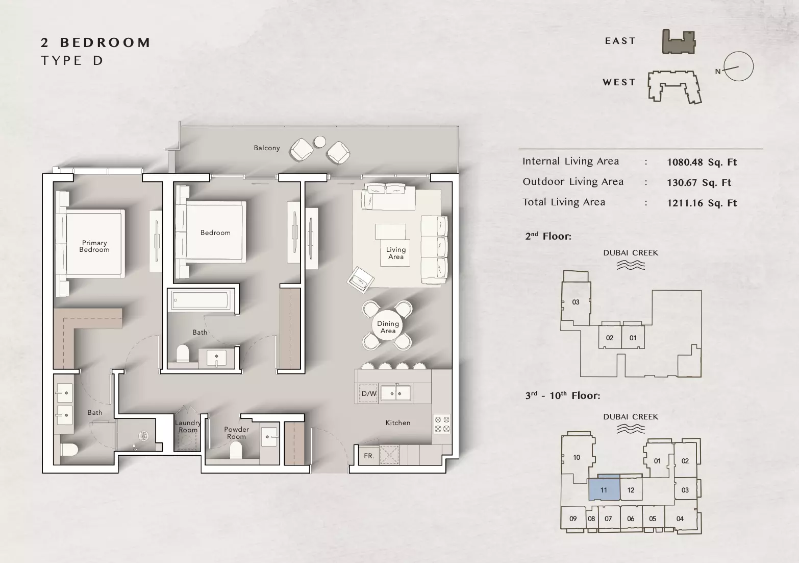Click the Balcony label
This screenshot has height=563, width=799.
[x=266, y=148]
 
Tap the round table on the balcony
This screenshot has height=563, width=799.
[x=320, y=142]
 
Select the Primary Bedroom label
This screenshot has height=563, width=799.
[x=94, y=246]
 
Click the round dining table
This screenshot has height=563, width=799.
[x=388, y=326]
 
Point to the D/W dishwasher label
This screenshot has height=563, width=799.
[x=369, y=394]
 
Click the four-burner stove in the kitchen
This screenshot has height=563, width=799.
[x=441, y=424]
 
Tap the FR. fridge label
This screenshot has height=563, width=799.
[x=369, y=456]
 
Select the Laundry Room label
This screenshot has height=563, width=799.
[x=188, y=426]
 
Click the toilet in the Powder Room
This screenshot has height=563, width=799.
[x=235, y=450]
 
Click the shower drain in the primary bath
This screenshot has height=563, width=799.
[x=143, y=436]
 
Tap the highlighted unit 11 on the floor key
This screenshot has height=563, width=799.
[x=604, y=490]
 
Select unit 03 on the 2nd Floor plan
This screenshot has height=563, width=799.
[x=576, y=302]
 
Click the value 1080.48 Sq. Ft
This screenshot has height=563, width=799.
[x=702, y=162]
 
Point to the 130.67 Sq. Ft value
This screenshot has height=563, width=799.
[x=699, y=182]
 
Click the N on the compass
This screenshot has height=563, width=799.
[x=718, y=72]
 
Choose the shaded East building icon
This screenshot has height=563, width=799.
[x=679, y=42]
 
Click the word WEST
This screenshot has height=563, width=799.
[x=619, y=82]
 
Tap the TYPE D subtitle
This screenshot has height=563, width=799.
[x=72, y=61]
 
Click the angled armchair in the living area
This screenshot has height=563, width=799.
[x=361, y=280]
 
